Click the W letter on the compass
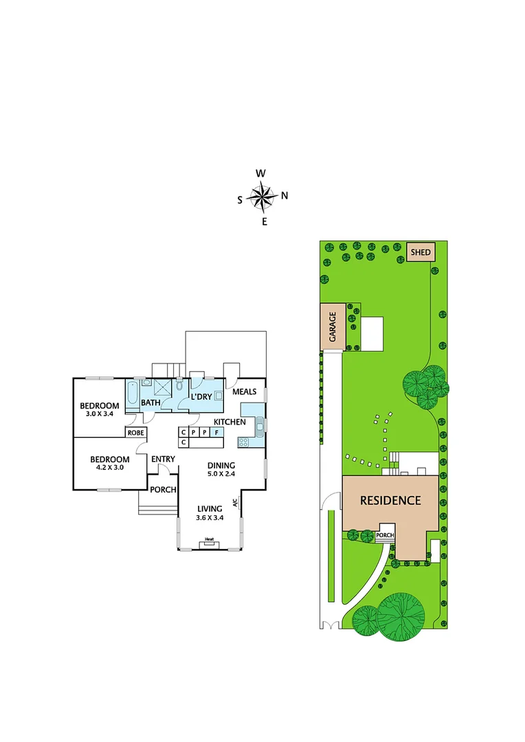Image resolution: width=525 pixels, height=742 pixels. click(261, 173)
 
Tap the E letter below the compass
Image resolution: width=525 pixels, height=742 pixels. click(264, 221)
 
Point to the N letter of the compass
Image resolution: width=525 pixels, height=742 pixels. click(284, 196)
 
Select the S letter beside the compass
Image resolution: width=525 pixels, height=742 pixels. click(240, 200)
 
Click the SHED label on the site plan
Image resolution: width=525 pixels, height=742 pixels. click(421, 253)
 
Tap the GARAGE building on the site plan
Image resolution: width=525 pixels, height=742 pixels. click(333, 328)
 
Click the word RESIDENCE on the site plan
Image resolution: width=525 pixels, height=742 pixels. click(390, 500)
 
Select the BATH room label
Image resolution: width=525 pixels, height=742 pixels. click(150, 403)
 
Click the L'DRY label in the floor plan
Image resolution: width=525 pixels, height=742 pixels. click(201, 397)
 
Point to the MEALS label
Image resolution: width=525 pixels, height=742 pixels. click(244, 392)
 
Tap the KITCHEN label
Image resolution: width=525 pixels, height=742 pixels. click(230, 421)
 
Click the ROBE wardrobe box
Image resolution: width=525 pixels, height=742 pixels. click(135, 433)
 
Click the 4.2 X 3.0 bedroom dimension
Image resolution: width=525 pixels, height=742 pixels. click(109, 469)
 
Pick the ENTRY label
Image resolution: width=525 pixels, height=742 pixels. click(163, 459)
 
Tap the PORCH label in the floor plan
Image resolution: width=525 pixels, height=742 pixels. click(164, 490)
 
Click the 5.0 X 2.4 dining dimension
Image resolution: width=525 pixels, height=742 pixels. click(221, 473)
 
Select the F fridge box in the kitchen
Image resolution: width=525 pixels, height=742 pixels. click(217, 432)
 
